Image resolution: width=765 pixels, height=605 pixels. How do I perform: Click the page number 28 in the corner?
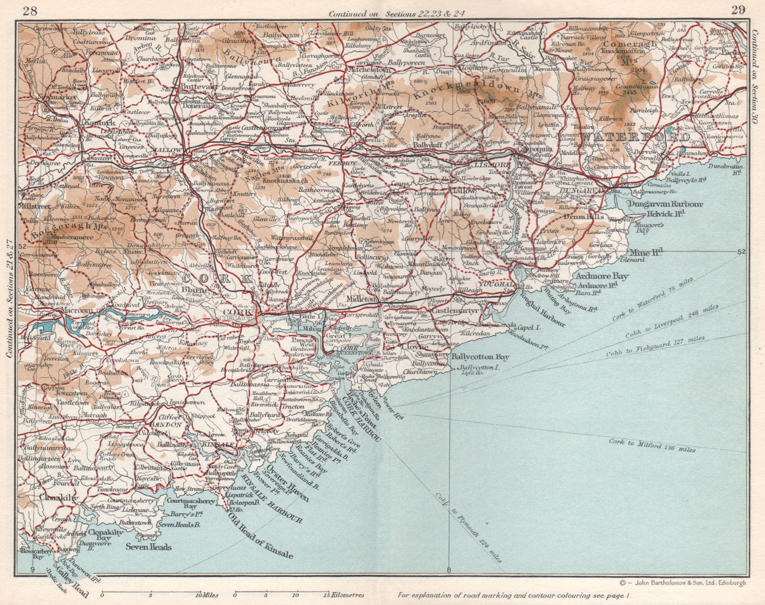(30, 10)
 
